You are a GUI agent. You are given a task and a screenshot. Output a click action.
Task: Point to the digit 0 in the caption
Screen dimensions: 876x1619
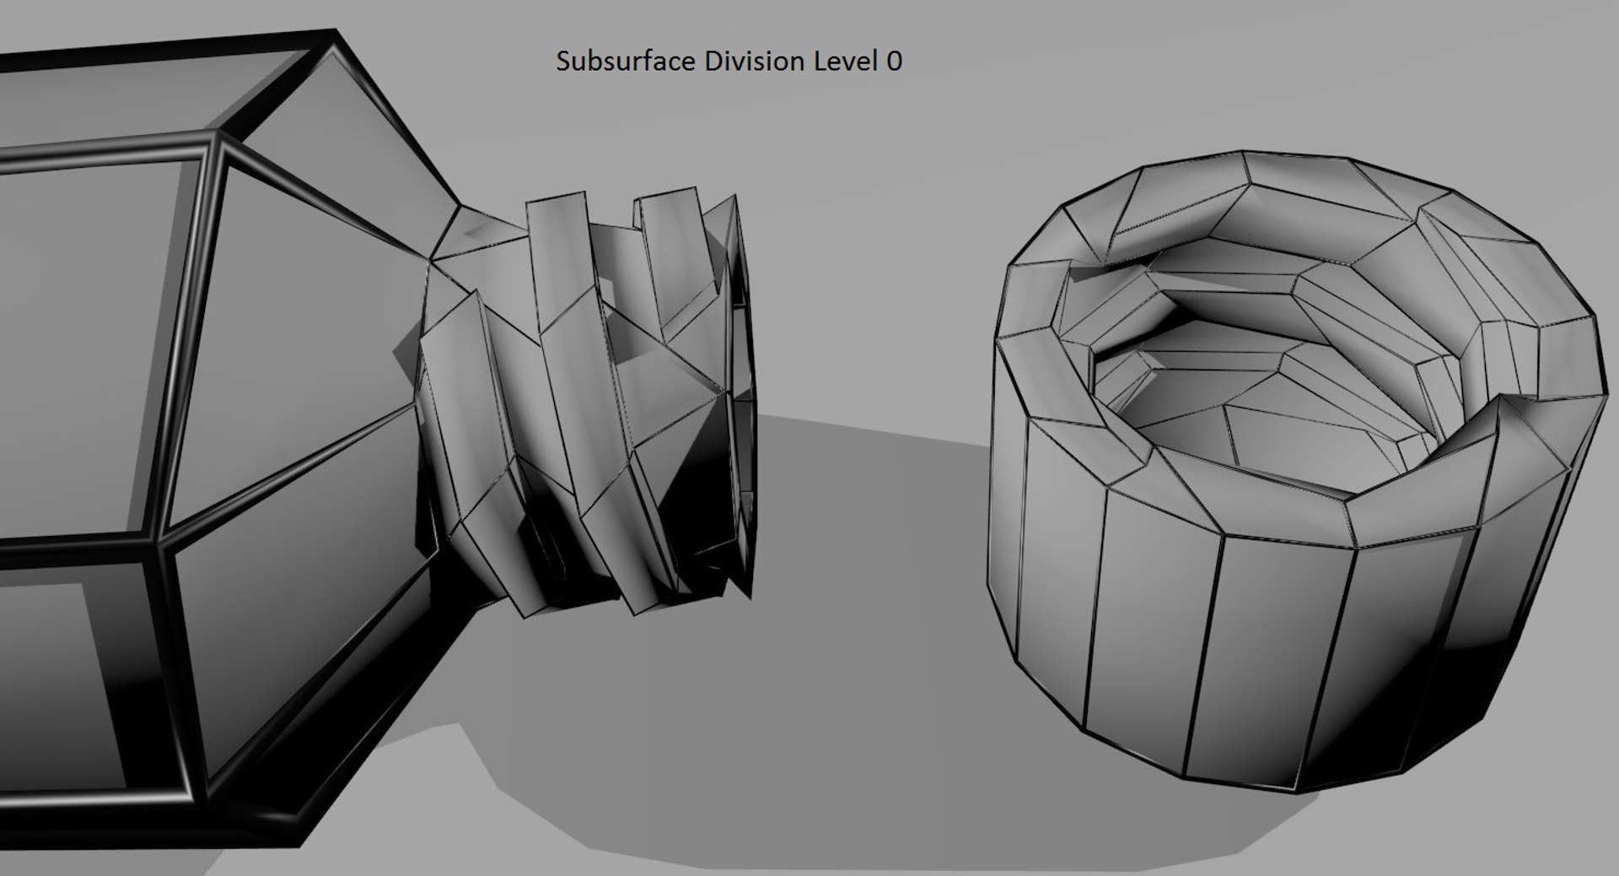coord(894,61)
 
